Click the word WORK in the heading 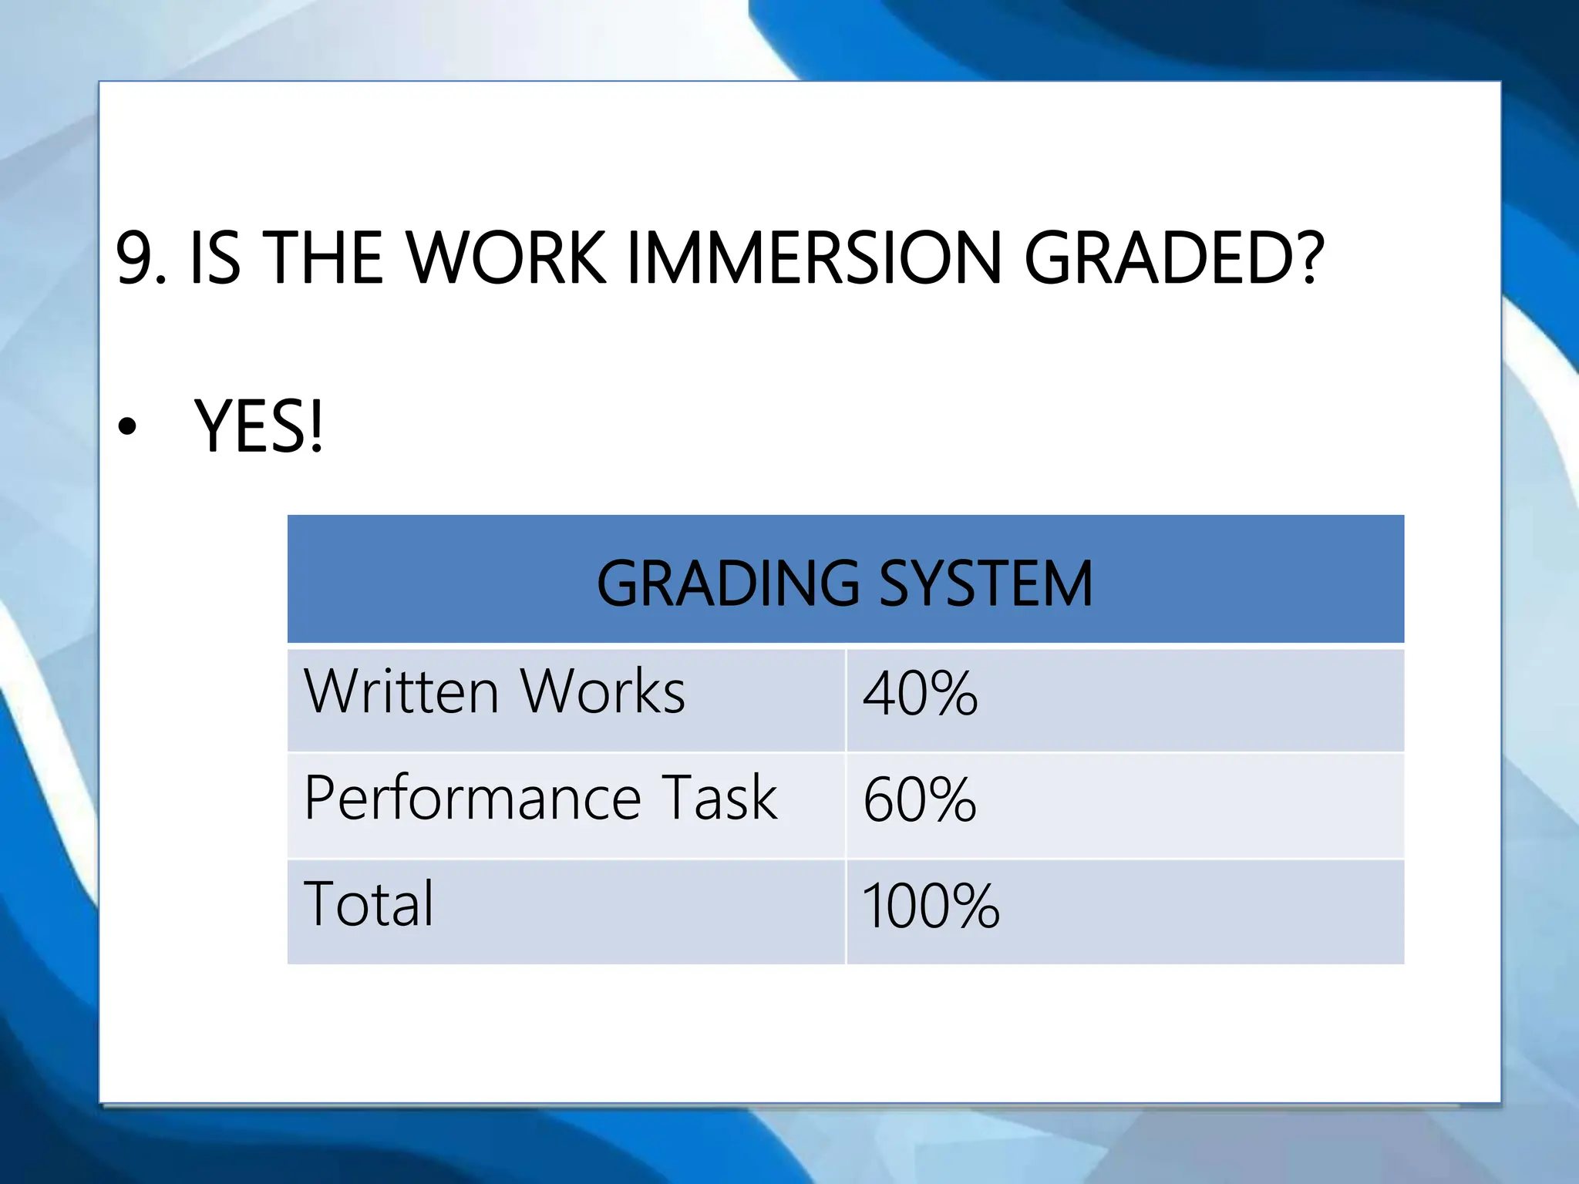(x=506, y=258)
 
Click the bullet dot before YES (x=127, y=427)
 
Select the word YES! (x=258, y=427)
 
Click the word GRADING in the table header (x=727, y=584)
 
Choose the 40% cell (x=920, y=694)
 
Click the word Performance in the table (x=473, y=798)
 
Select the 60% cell (x=919, y=800)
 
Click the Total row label (x=369, y=903)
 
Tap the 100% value (x=931, y=906)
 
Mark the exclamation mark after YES (x=315, y=427)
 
